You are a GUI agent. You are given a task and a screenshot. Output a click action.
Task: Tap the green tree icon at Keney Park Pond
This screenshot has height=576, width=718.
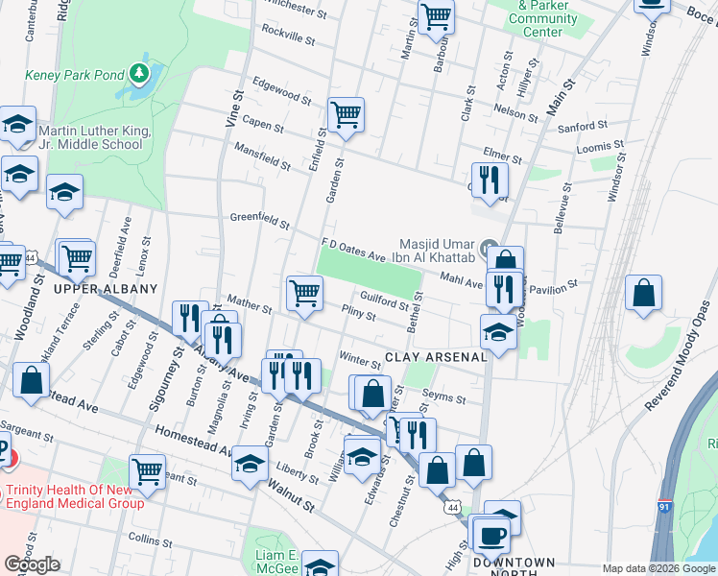(x=140, y=72)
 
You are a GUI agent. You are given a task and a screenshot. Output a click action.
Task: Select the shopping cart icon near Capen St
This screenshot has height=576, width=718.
(x=346, y=115)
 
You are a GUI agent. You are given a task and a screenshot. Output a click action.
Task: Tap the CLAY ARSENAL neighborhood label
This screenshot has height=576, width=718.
(x=435, y=357)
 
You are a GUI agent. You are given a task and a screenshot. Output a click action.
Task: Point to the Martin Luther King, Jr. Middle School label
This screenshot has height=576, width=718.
(x=91, y=137)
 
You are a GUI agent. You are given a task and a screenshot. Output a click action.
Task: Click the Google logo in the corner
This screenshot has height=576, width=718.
(x=32, y=564)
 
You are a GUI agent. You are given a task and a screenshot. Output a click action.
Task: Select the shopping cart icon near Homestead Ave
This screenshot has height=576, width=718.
(x=147, y=470)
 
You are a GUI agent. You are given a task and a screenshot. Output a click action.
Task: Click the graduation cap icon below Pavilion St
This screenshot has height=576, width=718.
(x=498, y=332)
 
